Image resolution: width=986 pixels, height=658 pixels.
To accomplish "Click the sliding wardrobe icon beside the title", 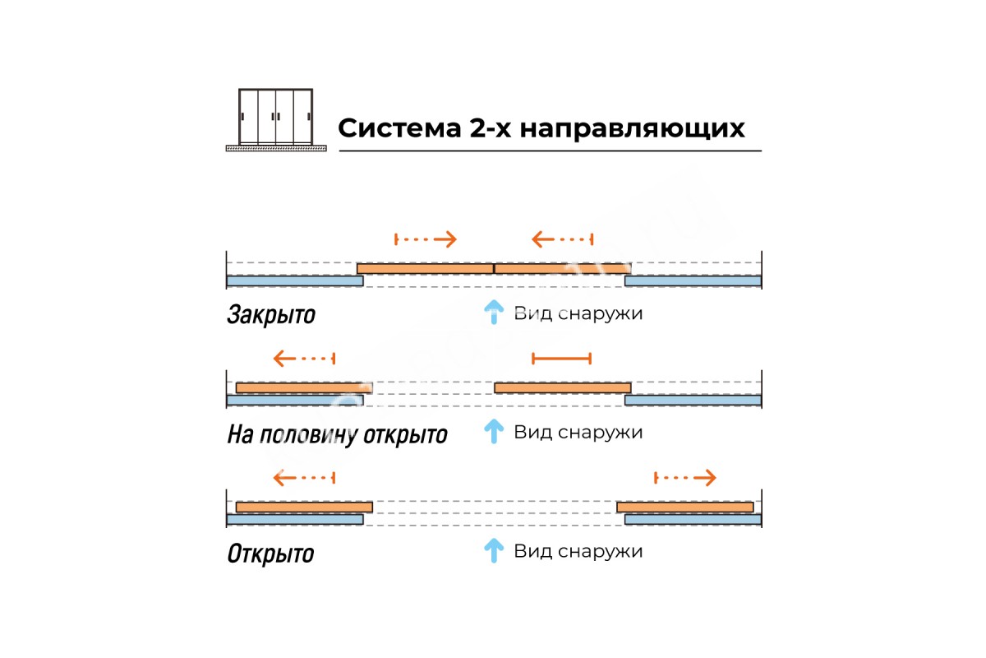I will tap(276, 119).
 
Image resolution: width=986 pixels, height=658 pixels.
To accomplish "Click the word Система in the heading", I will tap(397, 129).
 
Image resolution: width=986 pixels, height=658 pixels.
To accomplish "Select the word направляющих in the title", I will tap(633, 130).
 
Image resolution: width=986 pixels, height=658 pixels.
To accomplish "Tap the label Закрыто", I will tap(270, 315).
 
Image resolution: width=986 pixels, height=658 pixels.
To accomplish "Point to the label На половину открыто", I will tap(337, 434).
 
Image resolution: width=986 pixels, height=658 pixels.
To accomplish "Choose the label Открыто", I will tap(270, 553).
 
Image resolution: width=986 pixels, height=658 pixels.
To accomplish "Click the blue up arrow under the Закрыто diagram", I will tap(493, 313).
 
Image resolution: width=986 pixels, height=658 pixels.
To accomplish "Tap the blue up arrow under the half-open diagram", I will tap(493, 431).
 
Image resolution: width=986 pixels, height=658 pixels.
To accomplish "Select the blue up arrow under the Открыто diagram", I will tap(493, 550).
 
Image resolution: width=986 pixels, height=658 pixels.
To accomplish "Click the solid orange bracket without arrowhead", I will tap(561, 358).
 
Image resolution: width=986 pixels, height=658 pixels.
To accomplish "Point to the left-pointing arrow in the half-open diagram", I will tap(304, 359).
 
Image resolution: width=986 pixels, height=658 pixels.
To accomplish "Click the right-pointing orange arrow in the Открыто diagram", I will tap(685, 477).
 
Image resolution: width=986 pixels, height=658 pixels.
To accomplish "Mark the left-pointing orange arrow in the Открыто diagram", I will tap(304, 477).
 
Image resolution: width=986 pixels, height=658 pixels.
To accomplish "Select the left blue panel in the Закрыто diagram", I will tap(294, 281).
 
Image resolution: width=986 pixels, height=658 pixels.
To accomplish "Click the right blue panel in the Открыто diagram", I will tap(693, 519).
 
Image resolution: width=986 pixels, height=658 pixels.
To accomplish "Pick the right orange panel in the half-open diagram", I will tap(562, 387).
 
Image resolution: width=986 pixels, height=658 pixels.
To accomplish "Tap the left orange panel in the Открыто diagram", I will tap(304, 507).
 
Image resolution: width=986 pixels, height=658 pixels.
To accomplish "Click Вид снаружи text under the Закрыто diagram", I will tap(578, 313).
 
